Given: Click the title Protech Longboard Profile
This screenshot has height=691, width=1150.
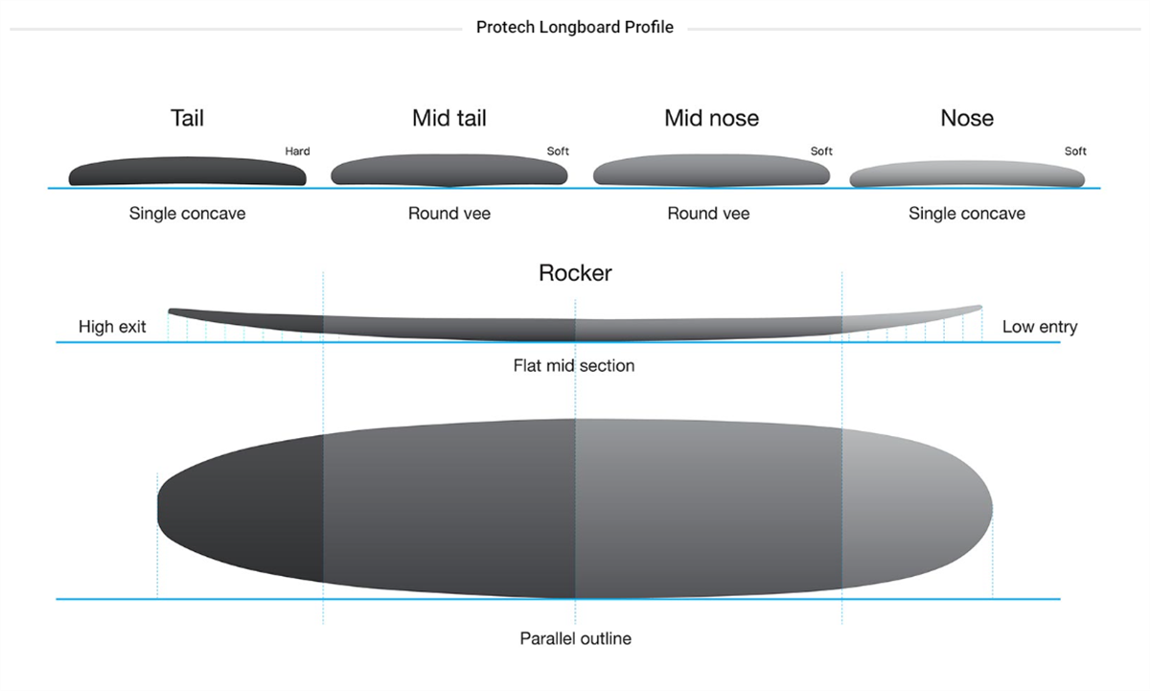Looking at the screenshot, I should [574, 28].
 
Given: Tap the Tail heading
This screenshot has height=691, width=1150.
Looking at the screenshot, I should [187, 118].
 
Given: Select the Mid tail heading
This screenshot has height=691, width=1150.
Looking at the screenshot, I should [449, 118].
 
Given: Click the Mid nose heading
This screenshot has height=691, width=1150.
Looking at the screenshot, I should [711, 118].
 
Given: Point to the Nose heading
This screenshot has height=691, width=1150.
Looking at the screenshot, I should [967, 118].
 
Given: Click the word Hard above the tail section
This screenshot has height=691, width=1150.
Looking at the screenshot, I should [297, 151].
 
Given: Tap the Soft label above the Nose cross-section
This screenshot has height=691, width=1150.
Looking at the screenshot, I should [1075, 151].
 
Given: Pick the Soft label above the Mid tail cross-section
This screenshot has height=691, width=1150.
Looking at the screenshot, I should [558, 151].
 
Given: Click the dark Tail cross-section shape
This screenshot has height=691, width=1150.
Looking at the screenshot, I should [187, 173].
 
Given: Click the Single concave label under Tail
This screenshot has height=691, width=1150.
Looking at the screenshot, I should [187, 214].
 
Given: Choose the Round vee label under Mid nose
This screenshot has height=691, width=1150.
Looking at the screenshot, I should [708, 214].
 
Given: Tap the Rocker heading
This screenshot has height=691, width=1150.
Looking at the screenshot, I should [575, 273].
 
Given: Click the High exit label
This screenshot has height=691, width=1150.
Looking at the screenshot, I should [112, 327].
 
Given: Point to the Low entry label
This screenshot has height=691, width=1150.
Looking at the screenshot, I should [1040, 327].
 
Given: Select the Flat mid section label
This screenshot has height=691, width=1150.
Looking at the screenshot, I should [574, 366].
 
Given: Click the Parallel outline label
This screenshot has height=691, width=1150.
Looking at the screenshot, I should [575, 638].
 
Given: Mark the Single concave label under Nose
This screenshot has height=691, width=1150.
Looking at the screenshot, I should [967, 214].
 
